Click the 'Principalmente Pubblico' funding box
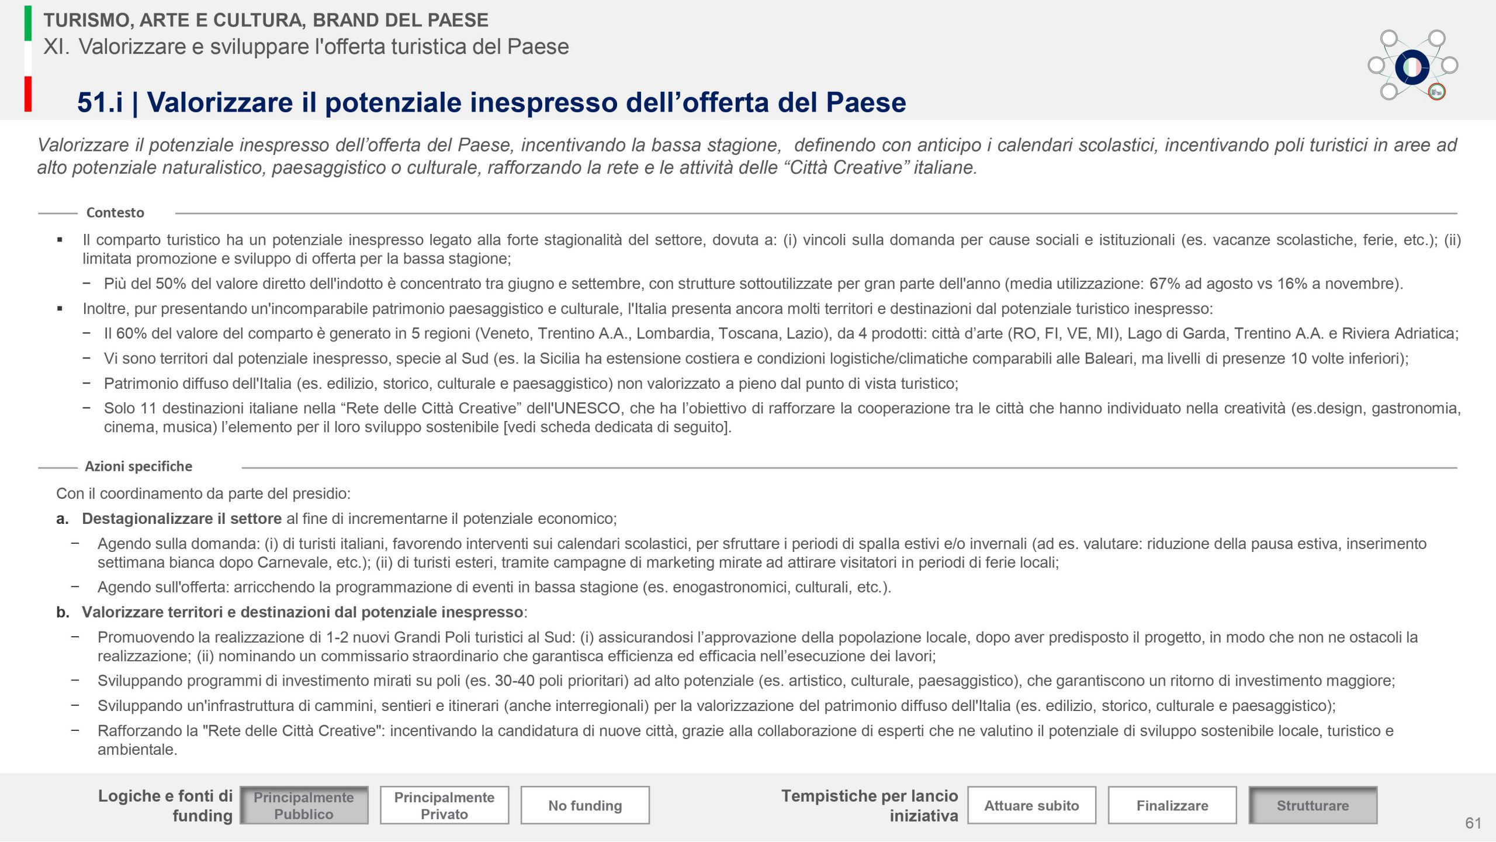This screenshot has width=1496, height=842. click(x=304, y=805)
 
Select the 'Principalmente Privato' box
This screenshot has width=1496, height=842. click(x=444, y=805)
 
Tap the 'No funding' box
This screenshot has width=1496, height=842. click(x=585, y=805)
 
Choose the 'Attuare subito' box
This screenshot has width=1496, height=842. click(x=1031, y=805)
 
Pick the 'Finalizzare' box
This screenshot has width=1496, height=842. click(x=1172, y=805)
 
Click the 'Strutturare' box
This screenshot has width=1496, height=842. click(x=1313, y=805)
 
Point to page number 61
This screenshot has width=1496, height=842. click(x=1473, y=823)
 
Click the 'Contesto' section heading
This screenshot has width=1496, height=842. click(x=115, y=213)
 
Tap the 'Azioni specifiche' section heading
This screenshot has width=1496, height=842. click(x=138, y=467)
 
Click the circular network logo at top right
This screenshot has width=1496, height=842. click(x=1412, y=66)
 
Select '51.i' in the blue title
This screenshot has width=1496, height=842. click(x=100, y=102)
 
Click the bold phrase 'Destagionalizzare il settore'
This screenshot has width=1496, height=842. click(x=182, y=519)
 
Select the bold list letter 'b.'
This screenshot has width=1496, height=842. click(x=63, y=612)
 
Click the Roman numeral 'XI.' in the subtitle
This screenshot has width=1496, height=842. click(x=56, y=47)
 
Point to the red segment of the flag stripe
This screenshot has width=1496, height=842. click(x=28, y=94)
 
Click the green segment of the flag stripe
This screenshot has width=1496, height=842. click(x=28, y=23)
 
